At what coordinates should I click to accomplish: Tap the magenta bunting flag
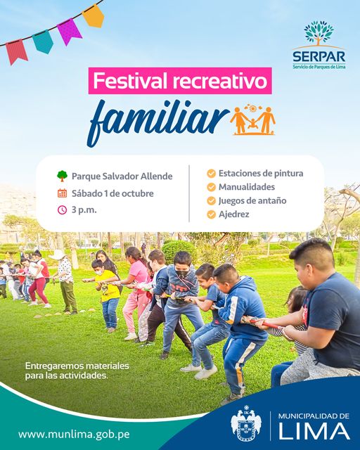[69, 31]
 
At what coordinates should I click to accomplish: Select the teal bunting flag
[43, 41]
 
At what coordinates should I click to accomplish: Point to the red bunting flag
[17, 52]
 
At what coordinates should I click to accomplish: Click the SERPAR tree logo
[319, 32]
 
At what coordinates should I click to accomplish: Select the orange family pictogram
[252, 120]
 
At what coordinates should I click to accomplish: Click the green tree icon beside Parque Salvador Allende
[63, 176]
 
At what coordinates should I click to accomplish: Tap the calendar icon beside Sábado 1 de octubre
[63, 193]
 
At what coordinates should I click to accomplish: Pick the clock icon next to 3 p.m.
[63, 210]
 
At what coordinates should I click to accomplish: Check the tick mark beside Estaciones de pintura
[212, 174]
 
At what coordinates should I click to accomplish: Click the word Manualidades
[247, 187]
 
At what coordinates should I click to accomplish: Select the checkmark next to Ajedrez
[212, 214]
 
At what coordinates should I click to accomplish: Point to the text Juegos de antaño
[252, 200]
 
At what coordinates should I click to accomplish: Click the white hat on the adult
[58, 255]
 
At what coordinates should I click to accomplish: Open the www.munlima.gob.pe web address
[74, 434]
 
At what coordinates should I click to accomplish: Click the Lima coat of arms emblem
[246, 423]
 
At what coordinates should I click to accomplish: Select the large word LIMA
[314, 431]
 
